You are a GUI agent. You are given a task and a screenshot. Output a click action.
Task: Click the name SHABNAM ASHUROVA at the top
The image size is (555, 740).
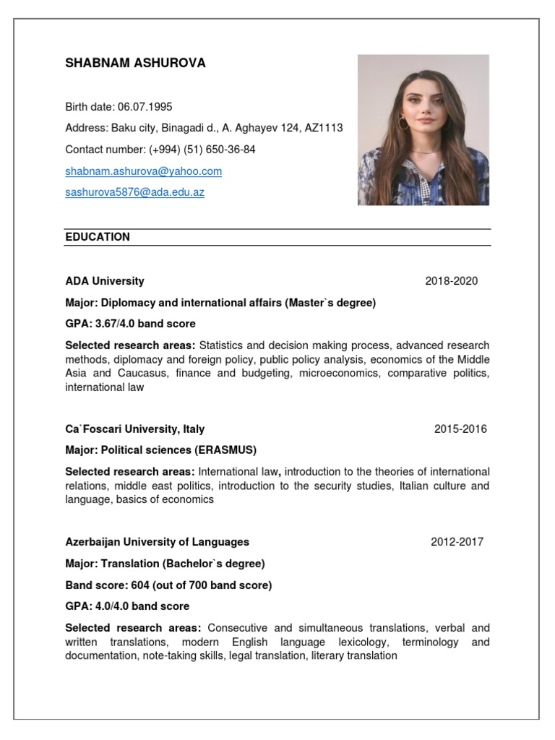coord(135,63)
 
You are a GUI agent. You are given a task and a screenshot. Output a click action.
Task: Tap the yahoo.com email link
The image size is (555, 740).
coord(143,171)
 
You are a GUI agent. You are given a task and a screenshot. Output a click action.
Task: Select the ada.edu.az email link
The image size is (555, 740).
coord(134,193)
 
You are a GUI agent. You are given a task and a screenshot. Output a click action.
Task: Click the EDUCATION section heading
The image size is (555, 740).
coord(98,237)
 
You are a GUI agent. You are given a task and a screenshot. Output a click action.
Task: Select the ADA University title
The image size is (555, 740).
coord(105,280)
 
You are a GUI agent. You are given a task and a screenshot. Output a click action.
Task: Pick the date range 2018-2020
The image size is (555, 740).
coord(451,280)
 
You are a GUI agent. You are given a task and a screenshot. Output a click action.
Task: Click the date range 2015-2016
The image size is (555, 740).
coord(460,429)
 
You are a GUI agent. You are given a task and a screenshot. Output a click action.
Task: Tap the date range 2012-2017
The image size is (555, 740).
coord(457,541)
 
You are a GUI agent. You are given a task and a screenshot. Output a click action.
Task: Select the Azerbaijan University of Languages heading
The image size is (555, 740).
coord(157,541)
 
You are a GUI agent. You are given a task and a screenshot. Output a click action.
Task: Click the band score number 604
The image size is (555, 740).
coord(141,585)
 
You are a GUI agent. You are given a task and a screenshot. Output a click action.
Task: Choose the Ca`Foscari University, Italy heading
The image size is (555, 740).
coord(134,429)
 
